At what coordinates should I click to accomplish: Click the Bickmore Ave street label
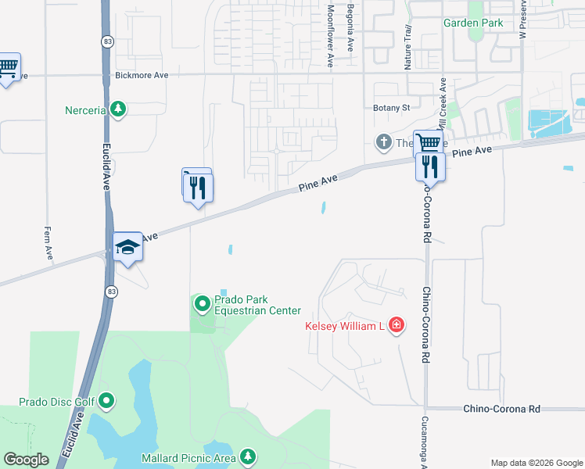click(x=142, y=76)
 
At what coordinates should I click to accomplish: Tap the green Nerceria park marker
click(x=118, y=109)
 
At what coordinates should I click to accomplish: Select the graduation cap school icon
click(x=127, y=247)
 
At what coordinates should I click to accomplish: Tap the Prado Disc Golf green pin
click(x=106, y=402)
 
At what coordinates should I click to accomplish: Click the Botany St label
click(x=392, y=108)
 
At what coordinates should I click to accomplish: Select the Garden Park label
click(x=473, y=23)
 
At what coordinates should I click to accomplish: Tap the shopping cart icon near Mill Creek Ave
click(x=428, y=143)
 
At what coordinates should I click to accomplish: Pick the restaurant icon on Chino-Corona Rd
click(x=430, y=166)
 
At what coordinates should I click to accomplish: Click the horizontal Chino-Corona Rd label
click(x=501, y=409)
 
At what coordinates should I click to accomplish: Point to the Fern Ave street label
click(x=48, y=242)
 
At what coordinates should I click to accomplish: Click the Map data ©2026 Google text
click(x=536, y=463)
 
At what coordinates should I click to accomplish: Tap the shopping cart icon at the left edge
click(x=8, y=68)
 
